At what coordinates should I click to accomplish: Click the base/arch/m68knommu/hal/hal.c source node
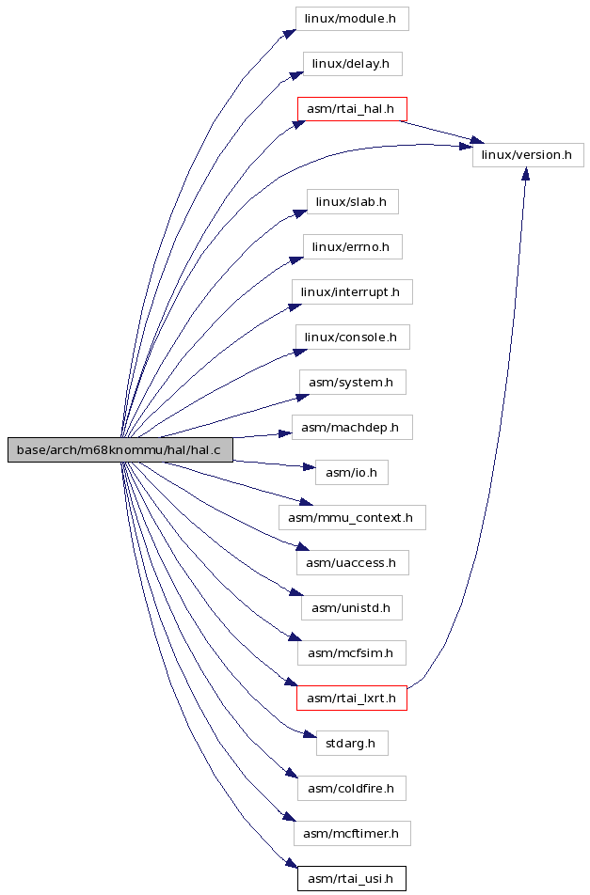coord(120,449)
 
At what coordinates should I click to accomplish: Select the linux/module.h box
coord(352,18)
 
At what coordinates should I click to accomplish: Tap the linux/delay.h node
coord(352,63)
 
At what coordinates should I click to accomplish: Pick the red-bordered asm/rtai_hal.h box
coord(352,109)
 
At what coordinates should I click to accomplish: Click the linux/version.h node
coord(528,155)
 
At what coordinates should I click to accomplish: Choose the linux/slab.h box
coord(353,202)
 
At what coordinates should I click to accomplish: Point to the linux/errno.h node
coord(353,247)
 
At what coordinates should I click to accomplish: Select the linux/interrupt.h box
coord(352,292)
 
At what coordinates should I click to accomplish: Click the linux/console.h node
coord(353,338)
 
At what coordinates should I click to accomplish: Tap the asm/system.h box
coord(353,383)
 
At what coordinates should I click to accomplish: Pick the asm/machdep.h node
coord(352,428)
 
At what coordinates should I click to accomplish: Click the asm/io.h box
coord(352,473)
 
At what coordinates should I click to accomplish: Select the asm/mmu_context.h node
coord(352,518)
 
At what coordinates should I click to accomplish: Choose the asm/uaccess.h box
coord(353,563)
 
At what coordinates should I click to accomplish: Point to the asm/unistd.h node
coord(352,608)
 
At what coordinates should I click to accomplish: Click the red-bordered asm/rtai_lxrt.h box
coord(352,699)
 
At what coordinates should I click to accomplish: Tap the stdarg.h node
coord(352,743)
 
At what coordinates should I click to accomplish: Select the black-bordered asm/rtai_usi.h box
coord(352,878)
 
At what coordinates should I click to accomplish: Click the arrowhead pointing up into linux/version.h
coord(525,174)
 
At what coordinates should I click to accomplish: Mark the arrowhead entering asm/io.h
coord(309,467)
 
